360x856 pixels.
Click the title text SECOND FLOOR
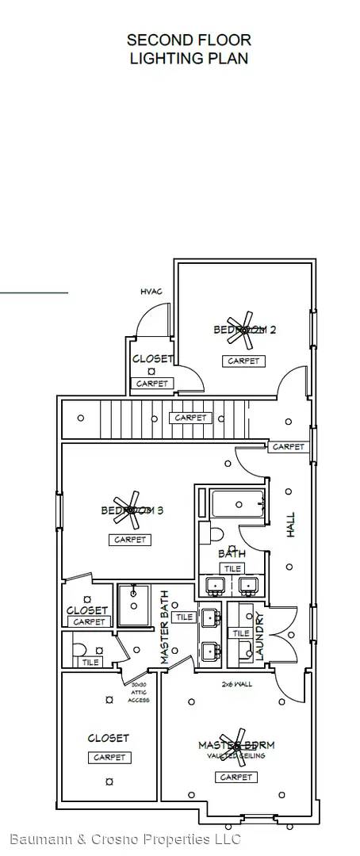click(189, 40)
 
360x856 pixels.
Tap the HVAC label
click(151, 292)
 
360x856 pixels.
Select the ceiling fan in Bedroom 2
click(240, 333)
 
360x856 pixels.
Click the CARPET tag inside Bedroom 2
click(243, 361)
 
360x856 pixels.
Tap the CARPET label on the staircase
click(190, 418)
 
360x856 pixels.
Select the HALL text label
click(290, 525)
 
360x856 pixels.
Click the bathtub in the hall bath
click(237, 503)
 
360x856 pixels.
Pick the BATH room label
click(231, 555)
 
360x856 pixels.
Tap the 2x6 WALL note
click(237, 683)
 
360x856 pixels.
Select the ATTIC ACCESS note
click(139, 692)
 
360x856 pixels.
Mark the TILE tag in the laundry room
click(240, 632)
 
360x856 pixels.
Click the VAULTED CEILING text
click(236, 756)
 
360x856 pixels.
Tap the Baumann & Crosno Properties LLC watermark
click(124, 839)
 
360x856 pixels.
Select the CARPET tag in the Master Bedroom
click(236, 777)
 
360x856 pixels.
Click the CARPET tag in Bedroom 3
click(130, 540)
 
